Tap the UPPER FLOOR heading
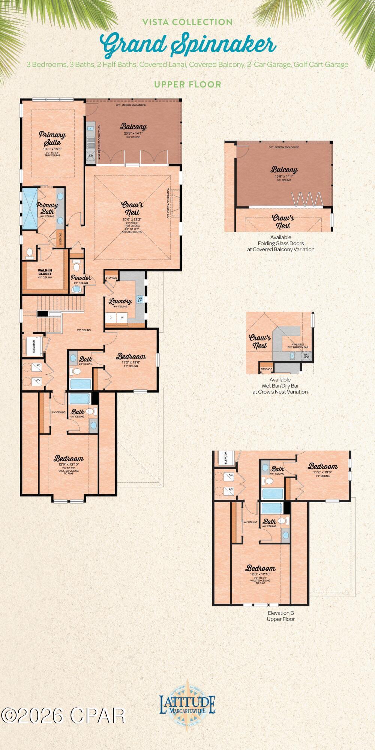point(187,84)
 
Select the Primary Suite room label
point(52,138)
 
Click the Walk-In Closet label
point(45,272)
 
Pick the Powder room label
point(81,278)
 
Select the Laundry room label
point(120,301)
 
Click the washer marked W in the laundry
point(122,318)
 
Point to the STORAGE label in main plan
point(111,277)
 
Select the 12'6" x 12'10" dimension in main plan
point(68,464)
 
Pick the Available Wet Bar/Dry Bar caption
point(280,386)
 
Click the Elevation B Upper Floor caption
point(280,616)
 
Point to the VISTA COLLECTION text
point(187,22)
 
